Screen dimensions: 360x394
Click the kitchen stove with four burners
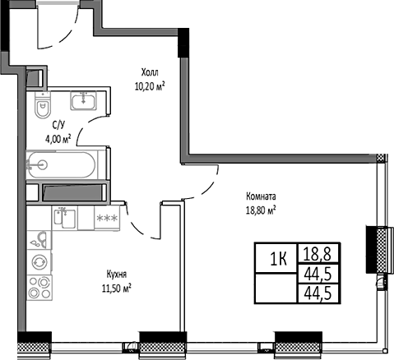(38, 288)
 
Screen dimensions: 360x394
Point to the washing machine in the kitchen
(38, 262)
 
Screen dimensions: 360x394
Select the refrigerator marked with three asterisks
(107, 219)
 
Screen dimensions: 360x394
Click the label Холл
(148, 72)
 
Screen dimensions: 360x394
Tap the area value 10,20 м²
(150, 85)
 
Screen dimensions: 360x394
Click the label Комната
(260, 196)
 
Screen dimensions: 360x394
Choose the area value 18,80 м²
(260, 210)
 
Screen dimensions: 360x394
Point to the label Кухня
(116, 275)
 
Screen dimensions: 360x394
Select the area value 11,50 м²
(116, 288)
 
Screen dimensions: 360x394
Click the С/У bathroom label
(58, 124)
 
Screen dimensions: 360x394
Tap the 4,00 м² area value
(58, 137)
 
